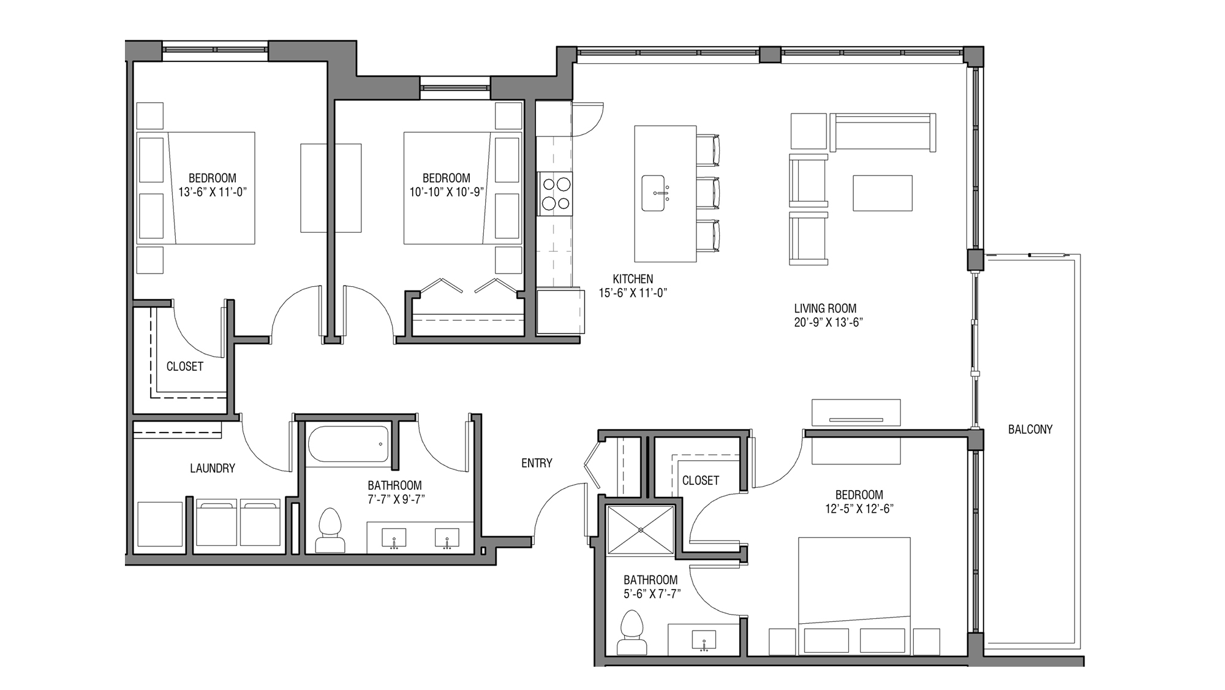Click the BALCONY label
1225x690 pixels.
point(1030,430)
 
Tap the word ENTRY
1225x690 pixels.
point(537,463)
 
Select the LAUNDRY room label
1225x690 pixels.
point(212,468)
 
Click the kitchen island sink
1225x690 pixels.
point(654,193)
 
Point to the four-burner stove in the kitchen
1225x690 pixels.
point(555,193)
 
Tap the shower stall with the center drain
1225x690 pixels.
point(641,530)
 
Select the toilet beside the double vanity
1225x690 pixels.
point(330,530)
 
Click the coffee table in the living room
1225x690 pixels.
point(882,193)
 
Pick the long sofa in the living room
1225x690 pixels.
point(883,131)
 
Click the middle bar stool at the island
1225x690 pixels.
point(708,193)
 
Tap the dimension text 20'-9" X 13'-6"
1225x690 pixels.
point(828,322)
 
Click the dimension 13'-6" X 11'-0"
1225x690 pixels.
point(212,192)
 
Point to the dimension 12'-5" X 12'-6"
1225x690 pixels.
point(859,509)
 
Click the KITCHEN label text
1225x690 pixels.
point(633,279)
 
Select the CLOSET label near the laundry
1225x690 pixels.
point(184,366)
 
